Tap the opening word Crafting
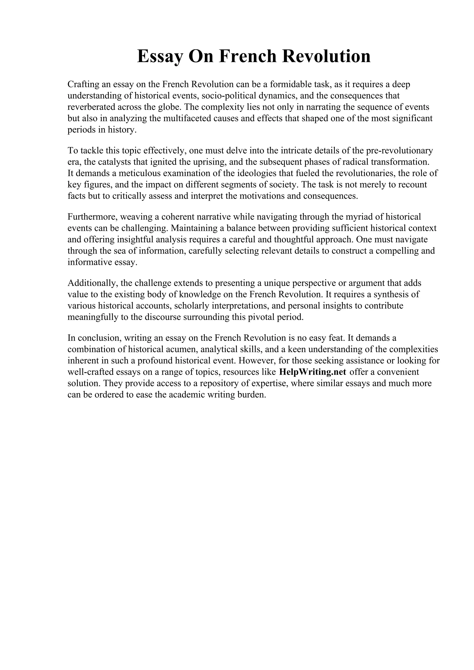coord(83,85)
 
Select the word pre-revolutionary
coord(399,151)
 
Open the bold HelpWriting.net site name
coord(312,372)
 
